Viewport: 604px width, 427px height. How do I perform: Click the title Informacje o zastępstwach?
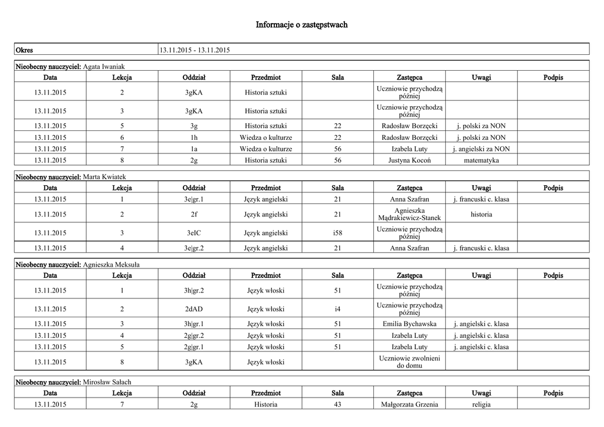[x=301, y=25]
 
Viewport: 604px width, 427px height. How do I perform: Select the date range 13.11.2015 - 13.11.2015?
[x=195, y=50]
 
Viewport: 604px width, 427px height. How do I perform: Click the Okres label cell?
[x=24, y=50]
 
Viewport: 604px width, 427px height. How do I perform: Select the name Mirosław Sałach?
[x=107, y=382]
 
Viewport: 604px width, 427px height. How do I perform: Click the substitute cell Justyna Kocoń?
[x=409, y=160]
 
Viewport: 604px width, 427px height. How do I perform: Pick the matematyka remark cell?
[x=481, y=160]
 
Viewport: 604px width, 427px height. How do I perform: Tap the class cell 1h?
[x=194, y=137]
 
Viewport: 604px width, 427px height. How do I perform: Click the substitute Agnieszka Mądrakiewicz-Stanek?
[x=409, y=214]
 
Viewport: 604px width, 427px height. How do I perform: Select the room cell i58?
[x=337, y=233]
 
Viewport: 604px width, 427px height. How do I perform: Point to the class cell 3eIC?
[x=194, y=233]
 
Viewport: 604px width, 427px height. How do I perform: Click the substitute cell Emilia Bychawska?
[x=409, y=324]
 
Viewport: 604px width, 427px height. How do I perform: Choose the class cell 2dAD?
[x=194, y=309]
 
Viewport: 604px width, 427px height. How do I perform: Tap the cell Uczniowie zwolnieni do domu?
[x=409, y=362]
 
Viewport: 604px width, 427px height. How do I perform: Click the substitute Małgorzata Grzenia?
[x=409, y=405]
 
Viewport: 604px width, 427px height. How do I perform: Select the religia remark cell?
[x=481, y=405]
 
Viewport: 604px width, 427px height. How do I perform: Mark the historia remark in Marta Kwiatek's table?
[x=481, y=214]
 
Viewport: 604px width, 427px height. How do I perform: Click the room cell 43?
[x=337, y=405]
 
